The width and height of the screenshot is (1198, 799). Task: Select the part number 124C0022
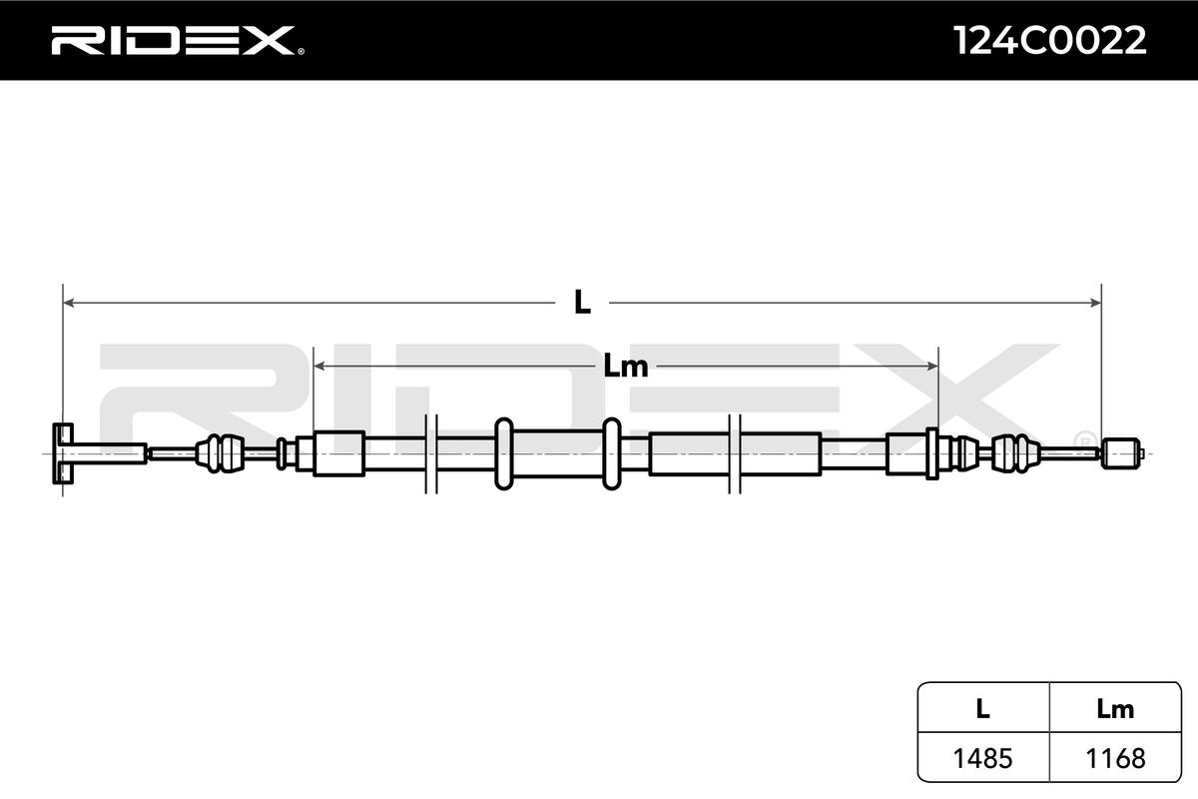pyautogui.click(x=1049, y=41)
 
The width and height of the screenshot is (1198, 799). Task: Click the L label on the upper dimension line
pyautogui.click(x=582, y=302)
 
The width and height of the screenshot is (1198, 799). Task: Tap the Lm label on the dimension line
pyautogui.click(x=626, y=367)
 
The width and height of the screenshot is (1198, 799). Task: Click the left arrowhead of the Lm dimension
pyautogui.click(x=320, y=367)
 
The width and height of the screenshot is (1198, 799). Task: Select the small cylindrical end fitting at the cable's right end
pyautogui.click(x=1119, y=453)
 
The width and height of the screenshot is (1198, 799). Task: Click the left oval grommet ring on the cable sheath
pyautogui.click(x=504, y=453)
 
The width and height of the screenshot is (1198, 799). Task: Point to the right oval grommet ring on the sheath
pyautogui.click(x=611, y=453)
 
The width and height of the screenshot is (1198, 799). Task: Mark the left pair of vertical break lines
pyautogui.click(x=431, y=453)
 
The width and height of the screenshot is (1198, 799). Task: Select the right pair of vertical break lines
pyautogui.click(x=736, y=453)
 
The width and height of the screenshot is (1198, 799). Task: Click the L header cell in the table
pyautogui.click(x=982, y=709)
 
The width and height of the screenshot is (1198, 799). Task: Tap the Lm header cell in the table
pyautogui.click(x=1114, y=709)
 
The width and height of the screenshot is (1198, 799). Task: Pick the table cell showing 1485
pyautogui.click(x=982, y=759)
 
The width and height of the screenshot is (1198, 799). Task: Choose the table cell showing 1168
pyautogui.click(x=1114, y=759)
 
